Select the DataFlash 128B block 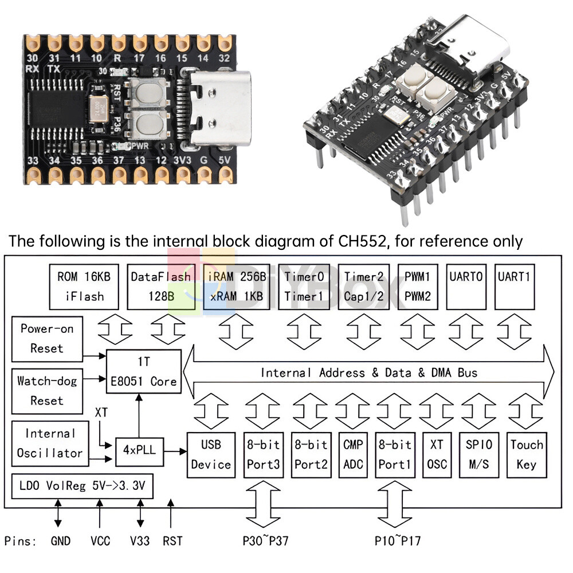point(160,286)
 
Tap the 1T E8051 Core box point(143,371)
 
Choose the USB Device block point(211,454)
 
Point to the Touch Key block point(526,454)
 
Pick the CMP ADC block point(353,454)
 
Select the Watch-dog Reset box point(47,390)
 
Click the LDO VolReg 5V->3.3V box point(81,486)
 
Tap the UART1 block point(514,286)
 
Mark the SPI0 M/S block point(478,454)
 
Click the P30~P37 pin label point(263,540)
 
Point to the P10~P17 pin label point(398,540)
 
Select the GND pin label point(60,541)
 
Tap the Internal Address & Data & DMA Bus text point(369,373)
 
